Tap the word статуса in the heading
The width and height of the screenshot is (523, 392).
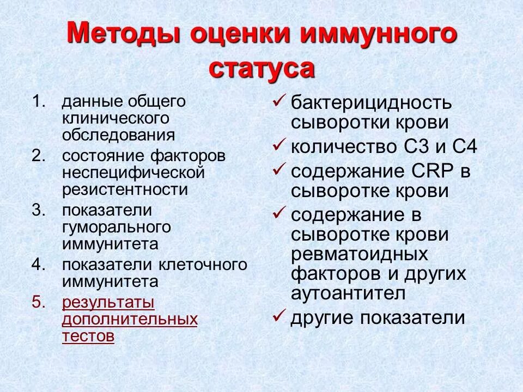[x=262, y=69]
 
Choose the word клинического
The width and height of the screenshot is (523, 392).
[x=115, y=118]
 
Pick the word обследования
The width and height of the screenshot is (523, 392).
[x=118, y=134]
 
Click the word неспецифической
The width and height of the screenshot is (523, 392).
[x=133, y=173]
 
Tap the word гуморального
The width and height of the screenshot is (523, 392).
[x=117, y=227]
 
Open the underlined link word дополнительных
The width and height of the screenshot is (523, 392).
[x=130, y=319]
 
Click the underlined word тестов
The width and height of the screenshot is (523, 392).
[x=88, y=336]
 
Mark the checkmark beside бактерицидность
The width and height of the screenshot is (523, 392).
[x=278, y=100]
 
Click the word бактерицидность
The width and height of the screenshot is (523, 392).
[x=371, y=103]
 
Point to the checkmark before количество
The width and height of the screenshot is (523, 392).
[x=278, y=145]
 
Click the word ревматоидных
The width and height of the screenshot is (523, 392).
[x=359, y=255]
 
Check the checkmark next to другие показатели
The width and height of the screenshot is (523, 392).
[x=278, y=315]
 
